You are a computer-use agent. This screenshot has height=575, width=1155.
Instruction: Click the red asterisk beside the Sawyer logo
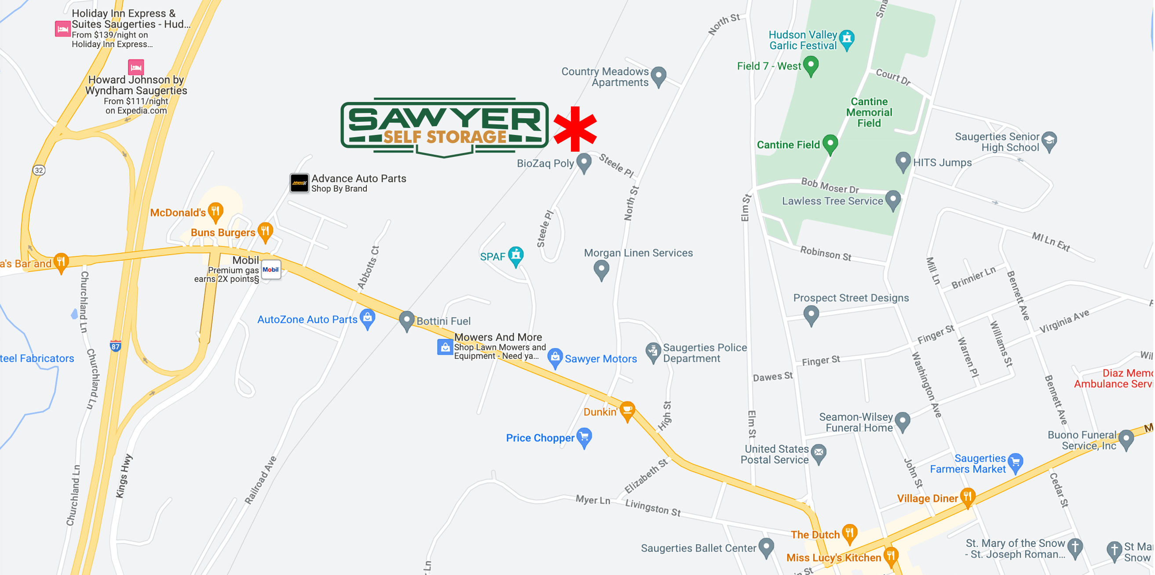[575, 129]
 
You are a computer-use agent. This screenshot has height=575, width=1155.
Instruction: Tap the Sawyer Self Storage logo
[444, 128]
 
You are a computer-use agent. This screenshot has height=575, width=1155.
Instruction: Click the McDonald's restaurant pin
[216, 211]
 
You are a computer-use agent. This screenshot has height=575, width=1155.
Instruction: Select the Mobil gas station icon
[271, 269]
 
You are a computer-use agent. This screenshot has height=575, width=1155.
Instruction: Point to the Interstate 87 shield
[116, 346]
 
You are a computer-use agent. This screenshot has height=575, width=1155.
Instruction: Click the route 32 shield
[39, 170]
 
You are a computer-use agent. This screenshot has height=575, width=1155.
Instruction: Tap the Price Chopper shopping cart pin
[584, 437]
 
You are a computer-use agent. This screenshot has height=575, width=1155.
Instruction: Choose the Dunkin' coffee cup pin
[627, 410]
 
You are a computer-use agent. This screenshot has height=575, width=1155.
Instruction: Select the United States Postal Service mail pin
[819, 453]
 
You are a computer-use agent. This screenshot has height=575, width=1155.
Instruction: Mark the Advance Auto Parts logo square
[299, 183]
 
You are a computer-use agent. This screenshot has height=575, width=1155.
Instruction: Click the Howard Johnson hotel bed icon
[136, 67]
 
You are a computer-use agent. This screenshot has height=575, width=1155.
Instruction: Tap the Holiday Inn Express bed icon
[62, 29]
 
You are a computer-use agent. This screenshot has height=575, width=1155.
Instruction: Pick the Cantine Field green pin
[830, 143]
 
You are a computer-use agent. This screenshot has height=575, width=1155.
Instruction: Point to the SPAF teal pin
[516, 255]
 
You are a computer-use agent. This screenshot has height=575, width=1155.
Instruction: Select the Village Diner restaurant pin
[968, 497]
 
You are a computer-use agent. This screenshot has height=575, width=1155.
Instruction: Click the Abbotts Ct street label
[369, 268]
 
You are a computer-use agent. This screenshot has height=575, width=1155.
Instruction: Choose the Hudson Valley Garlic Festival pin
[847, 39]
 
